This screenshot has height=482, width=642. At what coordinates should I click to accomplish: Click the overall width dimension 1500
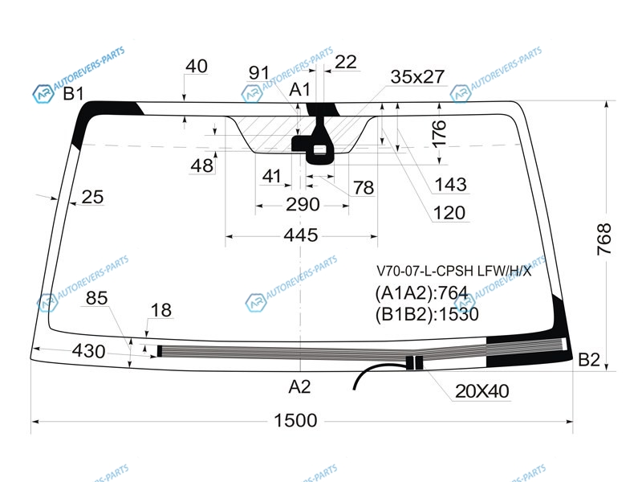pyautogui.click(x=295, y=420)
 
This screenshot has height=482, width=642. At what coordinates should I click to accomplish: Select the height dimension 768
pyautogui.click(x=604, y=239)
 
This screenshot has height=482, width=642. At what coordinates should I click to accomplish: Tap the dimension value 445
pyautogui.click(x=301, y=235)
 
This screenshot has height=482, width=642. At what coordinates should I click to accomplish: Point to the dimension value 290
pyautogui.click(x=303, y=204)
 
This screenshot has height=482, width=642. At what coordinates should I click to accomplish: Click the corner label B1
pyautogui.click(x=73, y=94)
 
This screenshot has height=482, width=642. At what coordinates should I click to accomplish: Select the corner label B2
pyautogui.click(x=589, y=360)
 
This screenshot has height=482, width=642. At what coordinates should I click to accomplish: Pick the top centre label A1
pyautogui.click(x=299, y=89)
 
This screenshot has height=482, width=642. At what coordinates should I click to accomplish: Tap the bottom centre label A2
pyautogui.click(x=299, y=386)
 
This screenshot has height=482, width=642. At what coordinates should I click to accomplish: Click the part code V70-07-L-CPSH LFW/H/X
pyautogui.click(x=454, y=271)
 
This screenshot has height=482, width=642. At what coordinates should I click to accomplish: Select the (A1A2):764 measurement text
pyautogui.click(x=421, y=292)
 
